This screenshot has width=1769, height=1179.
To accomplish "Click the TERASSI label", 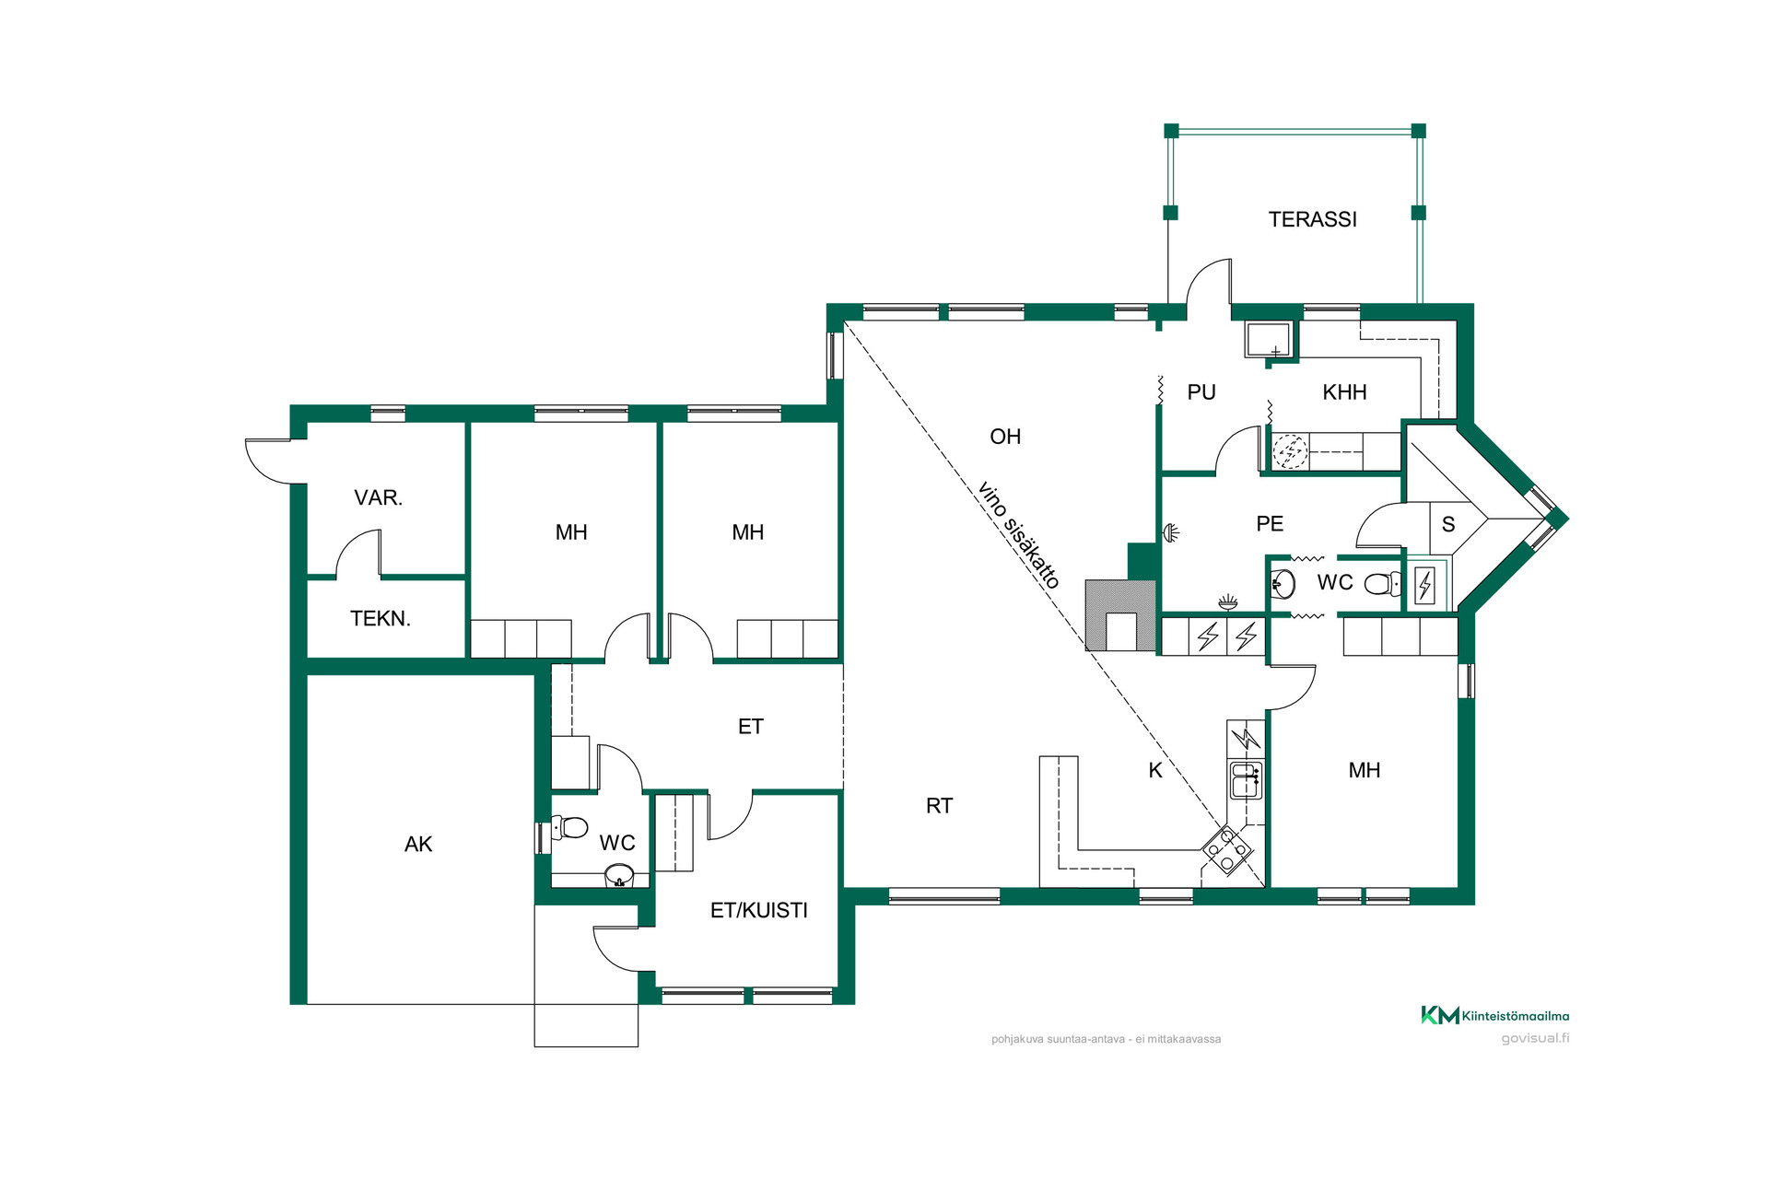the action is (1312, 219).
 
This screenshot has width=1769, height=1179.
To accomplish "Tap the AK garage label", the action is (418, 844).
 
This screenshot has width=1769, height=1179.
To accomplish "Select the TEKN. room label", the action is (381, 618).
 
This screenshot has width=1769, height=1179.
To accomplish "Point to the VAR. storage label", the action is (379, 497).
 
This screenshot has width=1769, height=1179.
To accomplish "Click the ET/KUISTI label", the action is (759, 910).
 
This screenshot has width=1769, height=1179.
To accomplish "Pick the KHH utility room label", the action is (1344, 392).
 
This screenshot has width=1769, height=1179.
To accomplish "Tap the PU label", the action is (1201, 392).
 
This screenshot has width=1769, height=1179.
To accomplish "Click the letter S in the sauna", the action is (1448, 524).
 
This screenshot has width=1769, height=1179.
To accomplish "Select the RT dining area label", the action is (939, 806).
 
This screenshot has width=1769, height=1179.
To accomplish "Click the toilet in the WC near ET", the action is (569, 827).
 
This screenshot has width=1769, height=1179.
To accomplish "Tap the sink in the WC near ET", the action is (619, 875).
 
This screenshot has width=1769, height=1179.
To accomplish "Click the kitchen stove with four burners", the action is (1226, 849).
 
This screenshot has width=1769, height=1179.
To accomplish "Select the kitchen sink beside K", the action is (1245, 779).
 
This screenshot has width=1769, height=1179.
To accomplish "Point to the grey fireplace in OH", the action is (1120, 615).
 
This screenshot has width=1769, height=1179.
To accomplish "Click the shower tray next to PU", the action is (1270, 339).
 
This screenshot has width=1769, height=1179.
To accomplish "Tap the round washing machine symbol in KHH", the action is (1290, 451).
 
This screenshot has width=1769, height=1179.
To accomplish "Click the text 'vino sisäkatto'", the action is (1018, 534).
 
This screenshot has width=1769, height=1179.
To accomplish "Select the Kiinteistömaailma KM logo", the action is (1494, 1015).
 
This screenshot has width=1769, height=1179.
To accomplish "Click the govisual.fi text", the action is (1535, 1038).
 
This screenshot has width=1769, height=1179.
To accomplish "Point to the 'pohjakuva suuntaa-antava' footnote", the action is (1106, 1039).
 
